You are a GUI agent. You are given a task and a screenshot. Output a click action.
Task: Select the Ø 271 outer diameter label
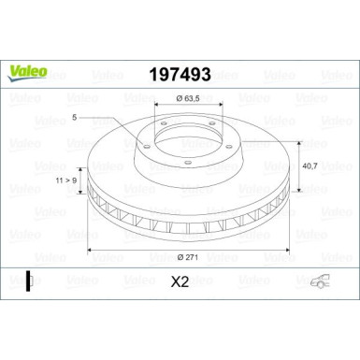[x=184, y=256]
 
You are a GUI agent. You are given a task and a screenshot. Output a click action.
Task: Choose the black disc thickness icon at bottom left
[x=28, y=280]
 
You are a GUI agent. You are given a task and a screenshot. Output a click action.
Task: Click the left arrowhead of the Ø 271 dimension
[x=90, y=250]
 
